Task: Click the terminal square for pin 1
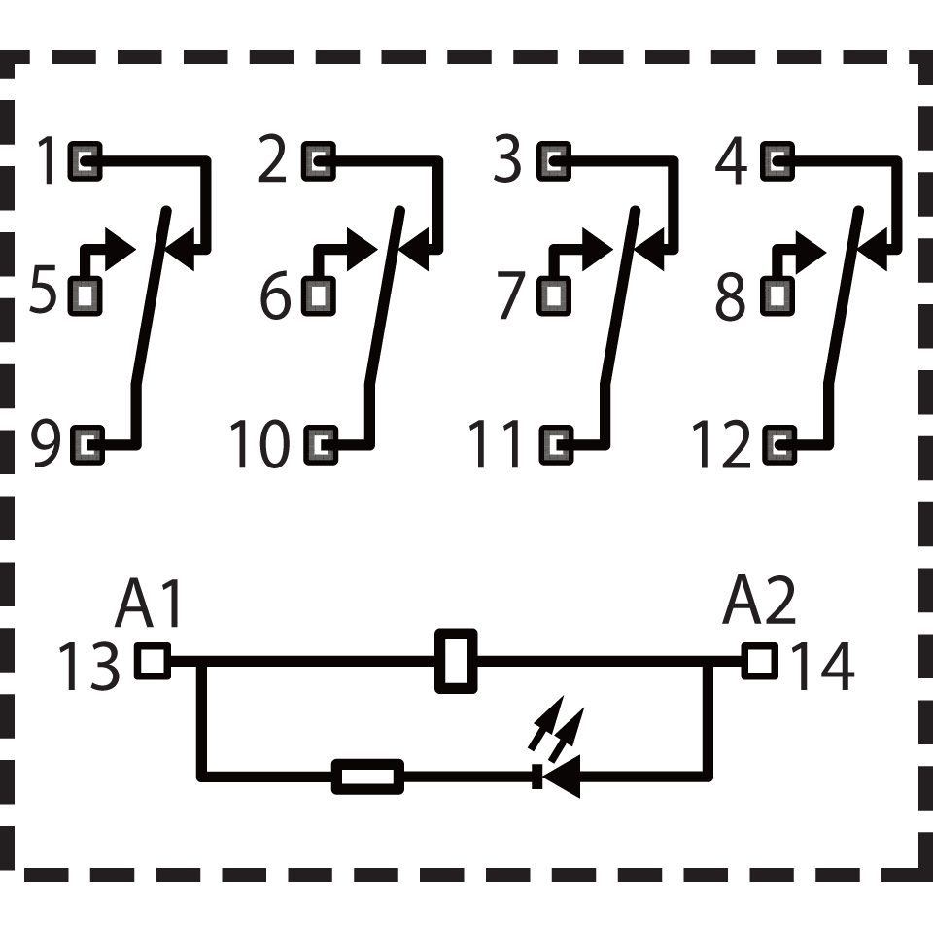(x=86, y=161)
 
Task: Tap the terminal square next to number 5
(x=86, y=295)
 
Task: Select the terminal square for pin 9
(x=87, y=445)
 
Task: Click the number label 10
(x=259, y=445)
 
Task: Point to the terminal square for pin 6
(x=319, y=295)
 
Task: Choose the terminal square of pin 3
(x=554, y=161)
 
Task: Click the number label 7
(x=512, y=295)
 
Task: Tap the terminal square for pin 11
(x=556, y=445)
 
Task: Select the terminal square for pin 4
(x=777, y=161)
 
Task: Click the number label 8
(x=730, y=295)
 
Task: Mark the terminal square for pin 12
(x=778, y=445)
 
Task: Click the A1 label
(x=149, y=603)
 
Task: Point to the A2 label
(x=759, y=601)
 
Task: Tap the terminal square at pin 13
(x=153, y=661)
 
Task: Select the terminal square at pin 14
(x=760, y=661)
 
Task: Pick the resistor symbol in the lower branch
(x=367, y=777)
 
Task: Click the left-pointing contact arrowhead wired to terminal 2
(x=413, y=250)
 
